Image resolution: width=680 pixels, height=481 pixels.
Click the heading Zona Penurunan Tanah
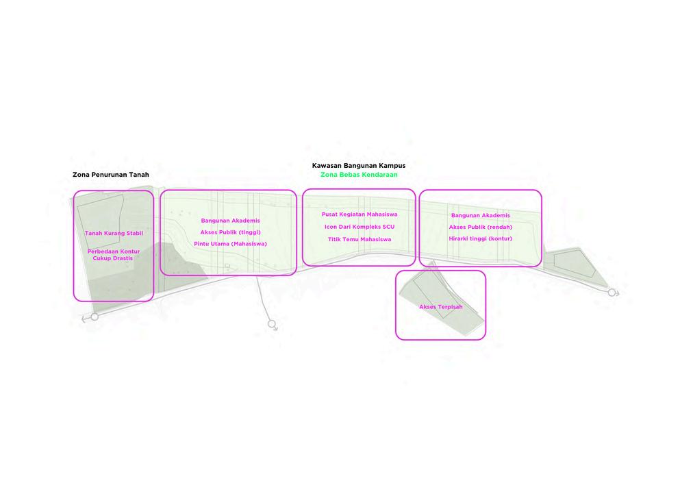click(110, 175)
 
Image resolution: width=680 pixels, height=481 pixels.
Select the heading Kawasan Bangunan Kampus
click(358, 166)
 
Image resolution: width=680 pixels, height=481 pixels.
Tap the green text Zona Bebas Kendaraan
click(358, 175)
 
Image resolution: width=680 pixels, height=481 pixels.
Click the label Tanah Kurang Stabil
click(114, 234)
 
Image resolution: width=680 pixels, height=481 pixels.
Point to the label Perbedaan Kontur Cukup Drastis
click(114, 255)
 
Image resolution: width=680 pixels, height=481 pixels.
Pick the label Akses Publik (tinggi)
click(230, 232)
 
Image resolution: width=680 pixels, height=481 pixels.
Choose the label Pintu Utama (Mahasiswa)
click(230, 244)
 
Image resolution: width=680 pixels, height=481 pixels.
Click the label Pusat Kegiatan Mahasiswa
click(359, 214)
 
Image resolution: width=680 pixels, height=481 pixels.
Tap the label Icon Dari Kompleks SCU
click(359, 227)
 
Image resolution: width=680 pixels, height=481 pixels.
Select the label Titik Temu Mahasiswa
click(359, 239)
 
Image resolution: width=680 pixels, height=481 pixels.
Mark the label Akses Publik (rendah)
click(480, 227)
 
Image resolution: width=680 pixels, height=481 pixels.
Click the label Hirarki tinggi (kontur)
click(480, 238)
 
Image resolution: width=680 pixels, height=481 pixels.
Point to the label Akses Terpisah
click(440, 307)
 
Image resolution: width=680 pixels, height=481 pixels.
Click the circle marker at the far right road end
click(612, 293)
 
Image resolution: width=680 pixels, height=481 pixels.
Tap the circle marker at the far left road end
click(95, 317)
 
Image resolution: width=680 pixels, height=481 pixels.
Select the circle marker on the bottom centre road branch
click(272, 323)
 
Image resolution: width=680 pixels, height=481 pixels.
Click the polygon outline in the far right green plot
click(574, 264)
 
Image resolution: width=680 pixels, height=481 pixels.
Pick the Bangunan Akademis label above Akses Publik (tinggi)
click(230, 221)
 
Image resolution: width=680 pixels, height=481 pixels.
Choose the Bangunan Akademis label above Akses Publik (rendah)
click(480, 216)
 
